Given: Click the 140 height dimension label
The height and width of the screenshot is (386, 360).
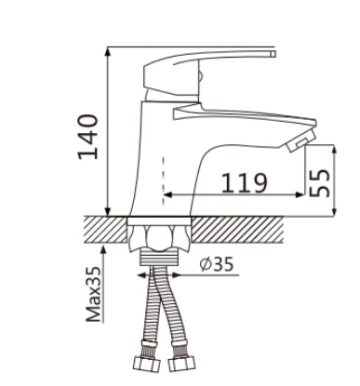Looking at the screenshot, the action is click(x=88, y=137).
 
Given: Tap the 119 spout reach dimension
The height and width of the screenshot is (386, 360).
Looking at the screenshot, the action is click(x=244, y=182).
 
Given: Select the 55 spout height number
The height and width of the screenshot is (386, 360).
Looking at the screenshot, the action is click(x=320, y=183).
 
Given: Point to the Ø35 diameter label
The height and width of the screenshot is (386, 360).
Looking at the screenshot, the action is click(x=216, y=264).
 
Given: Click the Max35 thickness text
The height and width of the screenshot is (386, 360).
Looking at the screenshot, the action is click(x=94, y=294).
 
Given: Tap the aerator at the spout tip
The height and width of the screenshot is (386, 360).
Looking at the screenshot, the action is click(x=301, y=141).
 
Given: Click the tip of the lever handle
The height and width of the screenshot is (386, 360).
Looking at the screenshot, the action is click(x=273, y=53).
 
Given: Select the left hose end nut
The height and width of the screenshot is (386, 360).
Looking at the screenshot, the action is click(x=147, y=364).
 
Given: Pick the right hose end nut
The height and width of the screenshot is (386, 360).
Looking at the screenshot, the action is click(x=182, y=363).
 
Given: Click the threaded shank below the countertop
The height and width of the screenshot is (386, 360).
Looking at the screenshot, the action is click(x=159, y=258).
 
